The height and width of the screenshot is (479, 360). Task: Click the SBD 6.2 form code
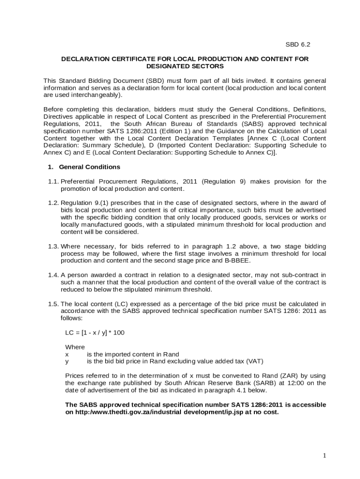(298, 44)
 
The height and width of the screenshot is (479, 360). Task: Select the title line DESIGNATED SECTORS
(185, 66)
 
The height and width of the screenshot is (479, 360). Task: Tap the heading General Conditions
(89, 167)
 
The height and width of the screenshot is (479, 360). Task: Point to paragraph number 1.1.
(53, 181)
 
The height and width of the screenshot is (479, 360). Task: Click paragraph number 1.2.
(53, 203)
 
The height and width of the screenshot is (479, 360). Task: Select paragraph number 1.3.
(53, 246)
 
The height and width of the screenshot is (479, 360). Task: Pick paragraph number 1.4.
(53, 275)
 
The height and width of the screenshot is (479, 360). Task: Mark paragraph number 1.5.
(53, 304)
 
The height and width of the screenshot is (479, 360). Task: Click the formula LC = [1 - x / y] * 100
(95, 333)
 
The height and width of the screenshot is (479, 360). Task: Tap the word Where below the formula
(75, 347)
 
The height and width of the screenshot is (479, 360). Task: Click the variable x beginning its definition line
(67, 354)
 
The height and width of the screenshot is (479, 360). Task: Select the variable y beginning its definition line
(67, 361)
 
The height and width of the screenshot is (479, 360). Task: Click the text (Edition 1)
(175, 131)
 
